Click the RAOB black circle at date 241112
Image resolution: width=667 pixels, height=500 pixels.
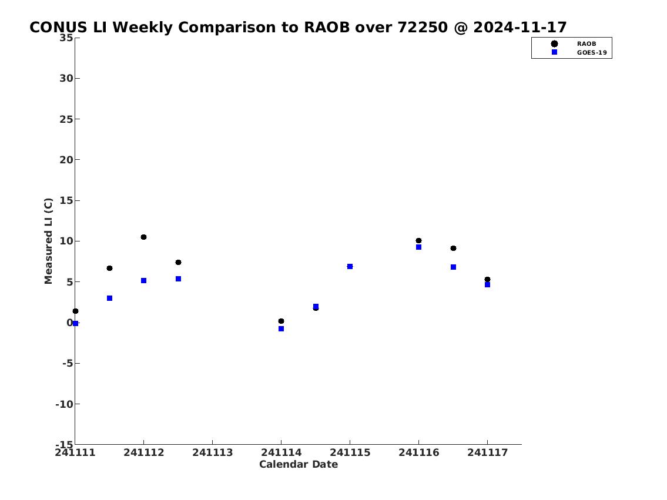point(144,237)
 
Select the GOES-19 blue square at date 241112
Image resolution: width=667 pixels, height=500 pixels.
point(144,281)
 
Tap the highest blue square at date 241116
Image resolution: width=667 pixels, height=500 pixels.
point(418,247)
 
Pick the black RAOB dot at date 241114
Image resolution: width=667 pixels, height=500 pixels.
point(281,321)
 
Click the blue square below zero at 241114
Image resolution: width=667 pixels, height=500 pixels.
point(281,328)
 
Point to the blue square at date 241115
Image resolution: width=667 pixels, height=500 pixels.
point(350,267)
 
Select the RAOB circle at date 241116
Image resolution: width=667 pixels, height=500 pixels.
point(418,241)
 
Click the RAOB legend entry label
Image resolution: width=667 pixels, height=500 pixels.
point(586,44)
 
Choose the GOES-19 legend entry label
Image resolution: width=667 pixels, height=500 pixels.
point(592,53)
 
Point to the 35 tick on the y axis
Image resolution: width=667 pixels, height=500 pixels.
point(66,38)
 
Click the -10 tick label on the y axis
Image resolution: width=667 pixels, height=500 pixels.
point(64,404)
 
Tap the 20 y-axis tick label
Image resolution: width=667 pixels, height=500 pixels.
point(66,160)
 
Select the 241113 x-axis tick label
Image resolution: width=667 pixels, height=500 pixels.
point(213,452)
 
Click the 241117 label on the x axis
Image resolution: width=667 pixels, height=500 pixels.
point(488,452)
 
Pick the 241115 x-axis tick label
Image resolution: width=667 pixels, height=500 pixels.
point(350,452)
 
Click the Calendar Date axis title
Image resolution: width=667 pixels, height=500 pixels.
point(299,464)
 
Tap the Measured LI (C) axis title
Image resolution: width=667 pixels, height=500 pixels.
point(49,241)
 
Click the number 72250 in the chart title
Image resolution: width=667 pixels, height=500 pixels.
point(423,27)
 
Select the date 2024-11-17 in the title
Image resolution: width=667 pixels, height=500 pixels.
point(520,27)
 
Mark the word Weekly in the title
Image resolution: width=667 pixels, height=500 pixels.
point(142,28)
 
